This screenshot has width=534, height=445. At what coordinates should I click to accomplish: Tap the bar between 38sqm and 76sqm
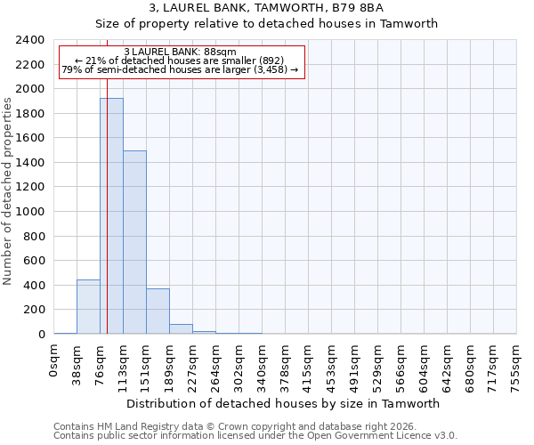click(x=88, y=307)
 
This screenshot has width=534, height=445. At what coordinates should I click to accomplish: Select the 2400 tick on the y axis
click(x=30, y=40)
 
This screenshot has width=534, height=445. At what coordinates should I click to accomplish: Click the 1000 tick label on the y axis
click(x=30, y=212)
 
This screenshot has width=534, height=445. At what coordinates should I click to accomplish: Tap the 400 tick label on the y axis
click(x=34, y=286)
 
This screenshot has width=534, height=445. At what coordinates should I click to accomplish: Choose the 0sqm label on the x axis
click(x=54, y=360)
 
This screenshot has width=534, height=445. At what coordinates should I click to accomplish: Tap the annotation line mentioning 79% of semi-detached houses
click(x=181, y=69)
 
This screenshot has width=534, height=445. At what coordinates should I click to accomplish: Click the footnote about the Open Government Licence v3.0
click(x=255, y=436)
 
